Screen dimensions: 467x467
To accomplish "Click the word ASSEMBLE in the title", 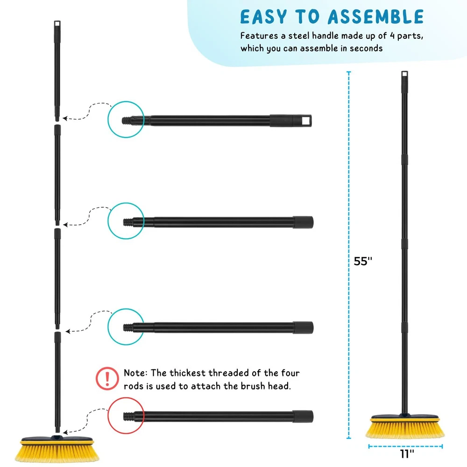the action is [x=375, y=17].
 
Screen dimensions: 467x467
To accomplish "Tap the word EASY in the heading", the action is [x=263, y=17].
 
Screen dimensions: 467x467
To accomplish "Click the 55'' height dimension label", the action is [x=363, y=261].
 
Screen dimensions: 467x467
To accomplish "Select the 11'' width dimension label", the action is [x=407, y=454].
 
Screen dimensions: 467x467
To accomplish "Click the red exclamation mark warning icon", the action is [x=107, y=379].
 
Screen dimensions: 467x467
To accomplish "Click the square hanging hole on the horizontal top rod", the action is [x=306, y=120].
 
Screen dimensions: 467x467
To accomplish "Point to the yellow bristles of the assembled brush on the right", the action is [x=405, y=430].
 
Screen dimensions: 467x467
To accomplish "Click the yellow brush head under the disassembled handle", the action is [x=57, y=449].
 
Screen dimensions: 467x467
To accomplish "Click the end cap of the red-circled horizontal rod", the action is [x=303, y=416].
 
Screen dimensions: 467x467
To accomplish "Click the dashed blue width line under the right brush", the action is [x=405, y=446].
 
